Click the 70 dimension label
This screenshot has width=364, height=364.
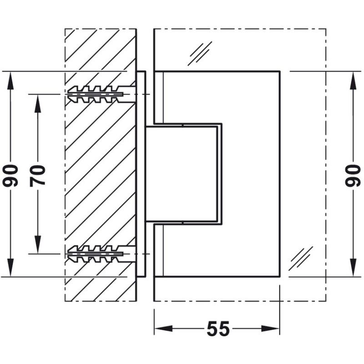click(38, 174)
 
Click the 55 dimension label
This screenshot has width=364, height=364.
click(217, 329)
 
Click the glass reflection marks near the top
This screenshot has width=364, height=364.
click(202, 53)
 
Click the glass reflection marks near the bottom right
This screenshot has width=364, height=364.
click(301, 258)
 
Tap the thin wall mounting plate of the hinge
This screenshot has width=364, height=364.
click(141, 174)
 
